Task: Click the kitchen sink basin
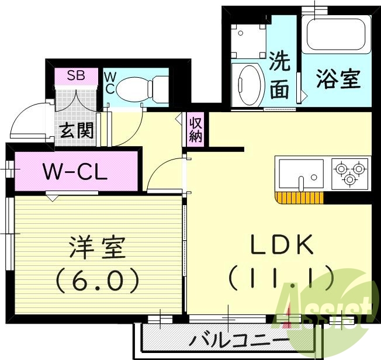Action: [300, 174]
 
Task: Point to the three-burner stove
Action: [350, 174]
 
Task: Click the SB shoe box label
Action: [74, 75]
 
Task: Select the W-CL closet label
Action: [74, 172]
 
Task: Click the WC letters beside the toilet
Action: [109, 82]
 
